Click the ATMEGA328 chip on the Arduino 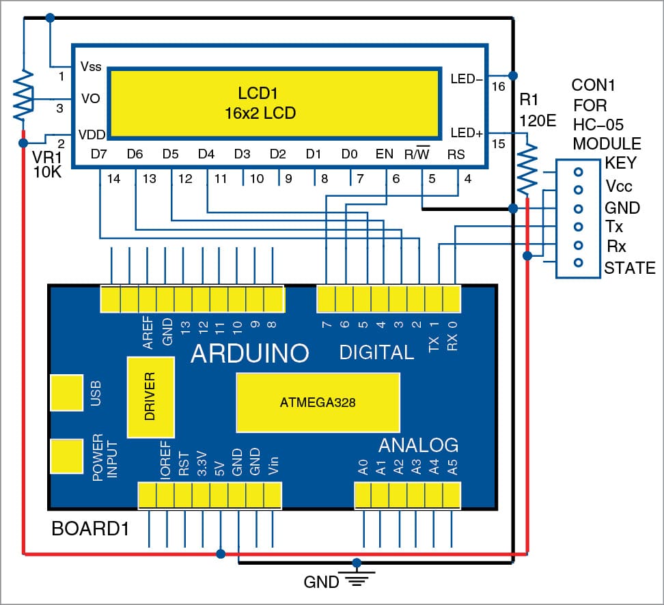317,402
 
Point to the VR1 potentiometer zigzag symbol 24,94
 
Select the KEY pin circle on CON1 578,171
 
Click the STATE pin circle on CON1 578,263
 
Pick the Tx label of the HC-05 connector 614,226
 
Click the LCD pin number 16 498,87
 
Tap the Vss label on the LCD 91,67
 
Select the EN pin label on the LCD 385,154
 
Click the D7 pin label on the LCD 99,154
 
